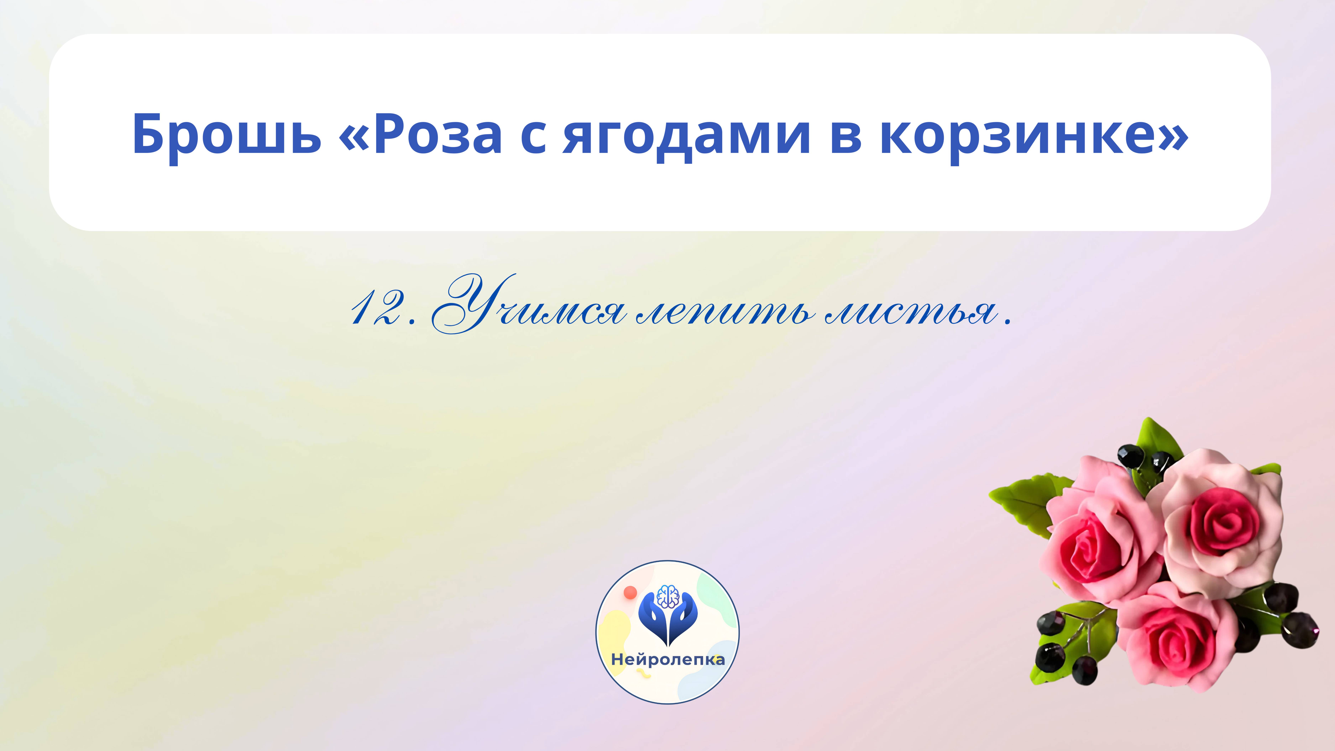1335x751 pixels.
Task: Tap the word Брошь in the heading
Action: (226, 135)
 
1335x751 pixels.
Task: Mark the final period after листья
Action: (1007, 323)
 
